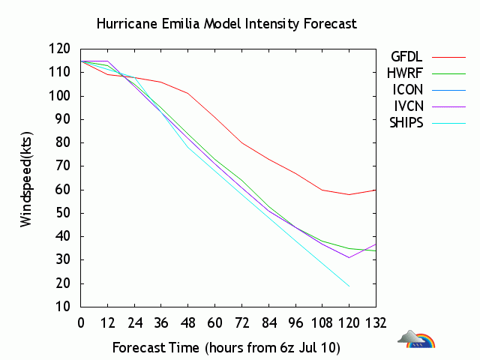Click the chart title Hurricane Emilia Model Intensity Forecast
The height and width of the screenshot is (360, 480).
pyautogui.click(x=226, y=23)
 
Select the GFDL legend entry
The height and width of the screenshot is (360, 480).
pyautogui.click(x=406, y=56)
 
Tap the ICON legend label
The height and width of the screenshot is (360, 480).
pyautogui.click(x=407, y=89)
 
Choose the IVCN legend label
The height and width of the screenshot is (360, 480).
pyautogui.click(x=407, y=106)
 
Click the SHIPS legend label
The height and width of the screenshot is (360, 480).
pyautogui.click(x=405, y=122)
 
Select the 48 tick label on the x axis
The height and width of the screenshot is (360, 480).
pyautogui.click(x=188, y=323)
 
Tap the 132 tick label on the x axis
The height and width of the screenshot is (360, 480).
pyautogui.click(x=376, y=323)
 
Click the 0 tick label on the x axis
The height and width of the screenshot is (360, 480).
pyautogui.click(x=81, y=323)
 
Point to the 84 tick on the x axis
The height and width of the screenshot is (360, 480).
pyautogui.click(x=268, y=323)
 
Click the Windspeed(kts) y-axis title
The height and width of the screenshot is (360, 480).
pyautogui.click(x=26, y=178)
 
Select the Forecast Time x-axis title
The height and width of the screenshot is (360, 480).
pyautogui.click(x=227, y=348)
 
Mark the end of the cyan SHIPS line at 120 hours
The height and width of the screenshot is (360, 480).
pyautogui.click(x=349, y=286)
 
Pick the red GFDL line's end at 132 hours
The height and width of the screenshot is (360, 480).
pyautogui.click(x=376, y=190)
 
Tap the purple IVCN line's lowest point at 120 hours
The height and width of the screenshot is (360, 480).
pyautogui.click(x=349, y=257)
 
